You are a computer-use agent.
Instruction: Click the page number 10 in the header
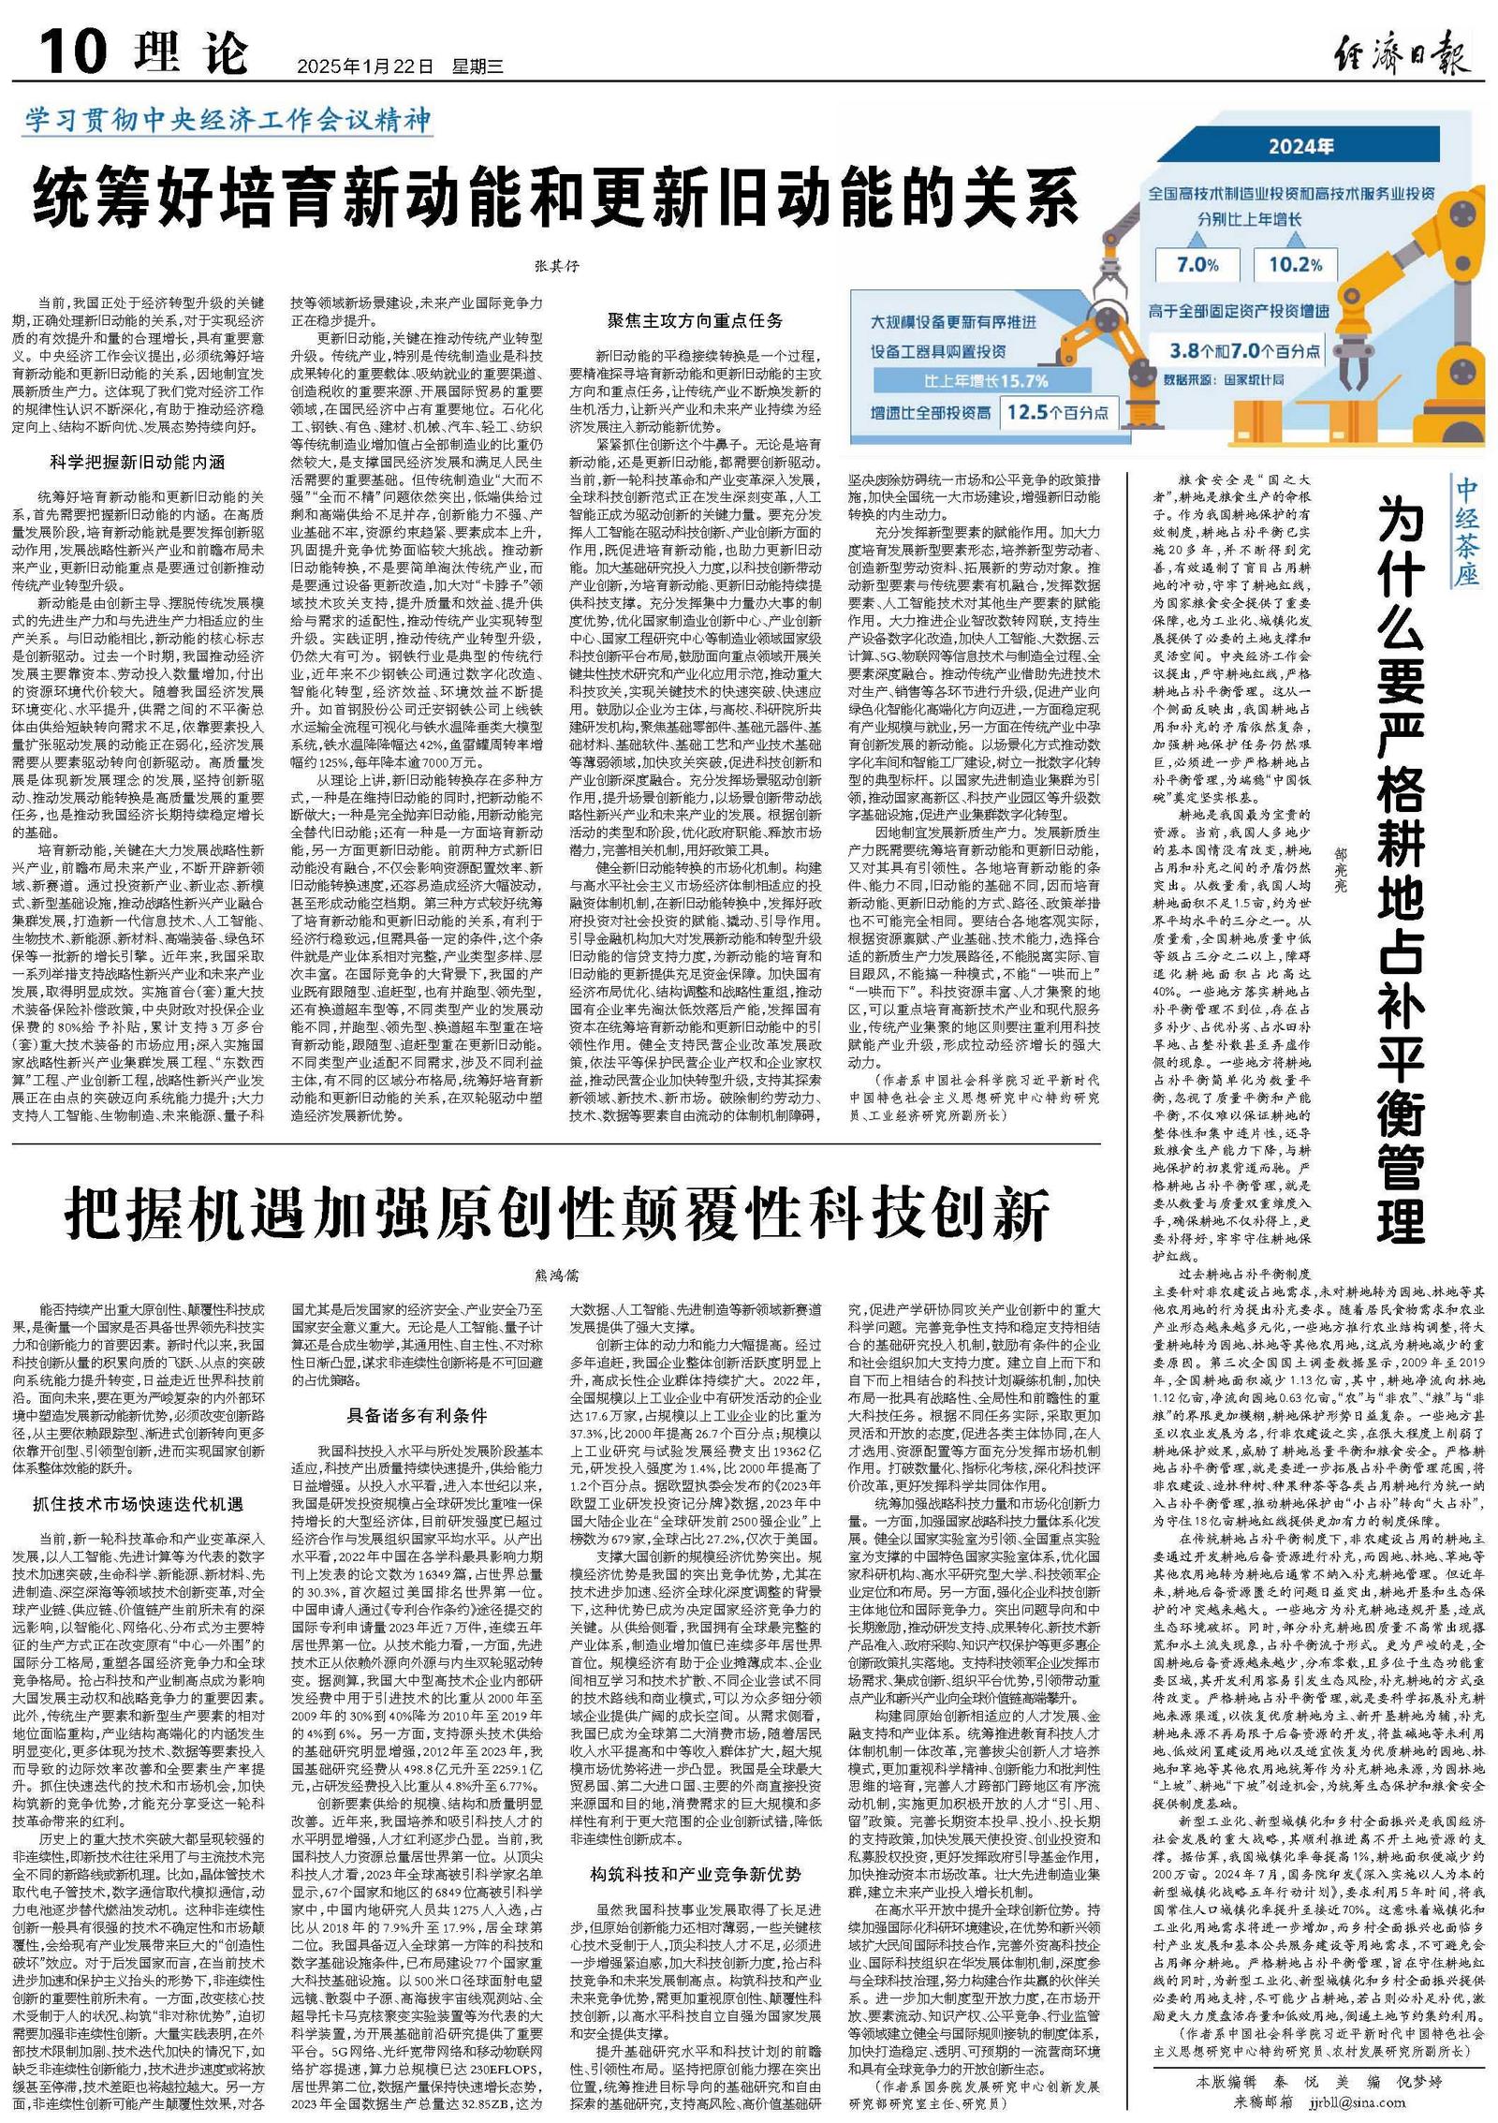(x=72, y=51)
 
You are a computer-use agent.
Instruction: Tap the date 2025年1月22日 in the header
(x=365, y=66)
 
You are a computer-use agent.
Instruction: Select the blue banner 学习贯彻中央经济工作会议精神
(x=228, y=120)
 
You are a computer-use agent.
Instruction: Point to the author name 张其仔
(x=556, y=266)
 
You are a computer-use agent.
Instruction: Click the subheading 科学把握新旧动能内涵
(x=138, y=462)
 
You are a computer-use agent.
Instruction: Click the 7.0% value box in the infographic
(x=1197, y=265)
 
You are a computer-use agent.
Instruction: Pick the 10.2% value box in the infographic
(x=1295, y=265)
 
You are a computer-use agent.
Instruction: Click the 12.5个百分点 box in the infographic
(x=1057, y=412)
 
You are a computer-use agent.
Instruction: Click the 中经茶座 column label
(x=1466, y=531)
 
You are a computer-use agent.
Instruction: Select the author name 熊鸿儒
(x=556, y=1275)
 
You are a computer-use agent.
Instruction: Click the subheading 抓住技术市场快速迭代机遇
(x=138, y=1504)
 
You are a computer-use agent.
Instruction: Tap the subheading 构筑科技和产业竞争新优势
(x=695, y=1848)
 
